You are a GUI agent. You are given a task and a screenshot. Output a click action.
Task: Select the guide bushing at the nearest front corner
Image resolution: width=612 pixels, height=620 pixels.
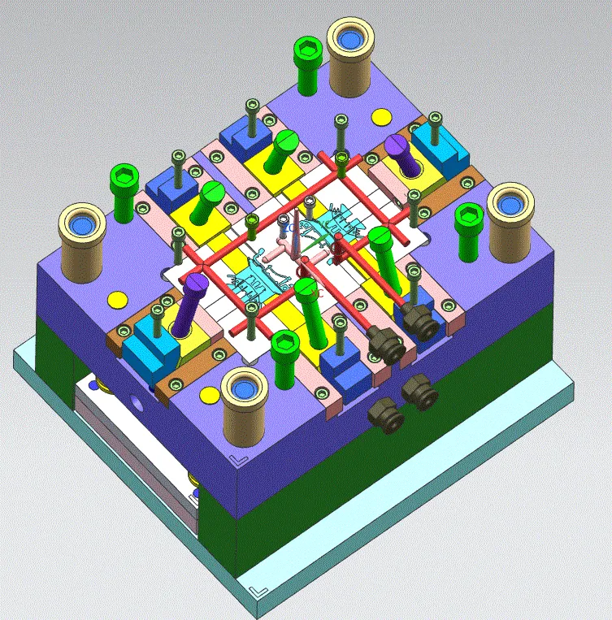245,392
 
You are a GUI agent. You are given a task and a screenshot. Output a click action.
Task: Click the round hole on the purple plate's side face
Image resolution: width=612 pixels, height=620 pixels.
134,401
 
